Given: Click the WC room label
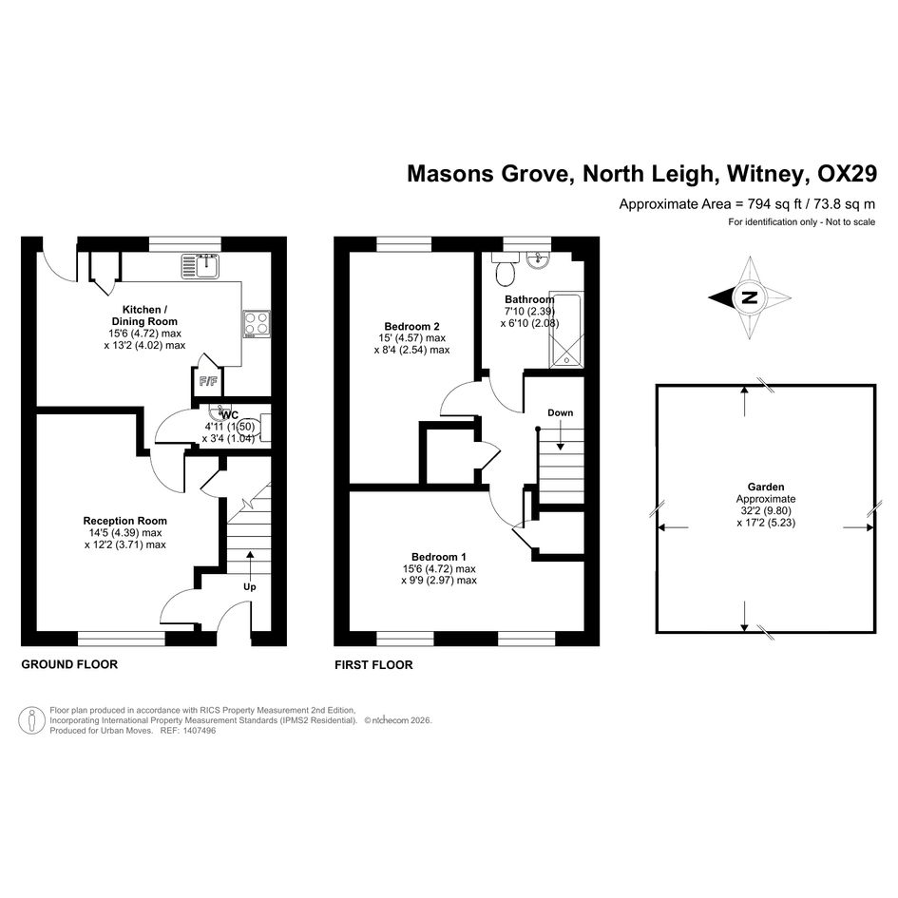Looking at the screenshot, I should pos(228,414).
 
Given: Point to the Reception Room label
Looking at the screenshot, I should pos(124,521).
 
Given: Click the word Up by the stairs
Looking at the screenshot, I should pos(250,586).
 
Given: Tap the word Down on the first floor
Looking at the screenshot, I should pos(560,413).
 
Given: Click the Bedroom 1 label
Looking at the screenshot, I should pos(438,556).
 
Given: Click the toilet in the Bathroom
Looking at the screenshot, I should pos(506,271).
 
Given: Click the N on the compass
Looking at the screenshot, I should pos(750,297).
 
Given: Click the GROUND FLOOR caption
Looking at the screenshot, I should pos(69,664).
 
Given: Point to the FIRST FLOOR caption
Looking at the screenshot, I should pos(373,665).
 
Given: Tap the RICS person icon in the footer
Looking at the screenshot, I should pos(34,720).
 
